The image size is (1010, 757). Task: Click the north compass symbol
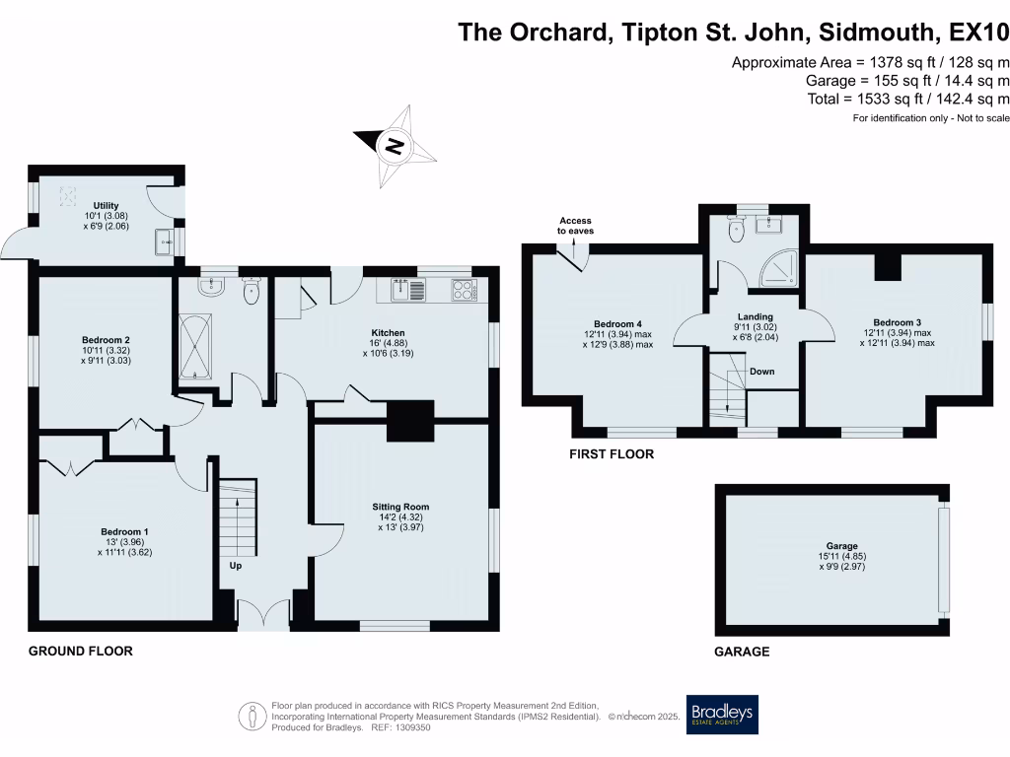click(394, 147)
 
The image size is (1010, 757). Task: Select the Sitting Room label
click(400, 507)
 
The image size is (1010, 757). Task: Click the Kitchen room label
click(390, 332)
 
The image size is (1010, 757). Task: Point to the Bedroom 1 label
click(124, 531)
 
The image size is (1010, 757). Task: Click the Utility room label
click(106, 206)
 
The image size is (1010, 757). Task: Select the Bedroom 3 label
click(897, 322)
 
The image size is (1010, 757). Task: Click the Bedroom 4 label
click(617, 323)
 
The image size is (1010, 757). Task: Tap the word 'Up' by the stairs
click(235, 566)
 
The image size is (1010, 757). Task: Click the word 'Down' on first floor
click(760, 372)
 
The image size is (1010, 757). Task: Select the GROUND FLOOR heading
click(80, 652)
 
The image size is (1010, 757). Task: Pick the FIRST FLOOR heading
click(612, 454)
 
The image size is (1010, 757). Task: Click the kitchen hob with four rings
click(464, 290)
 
